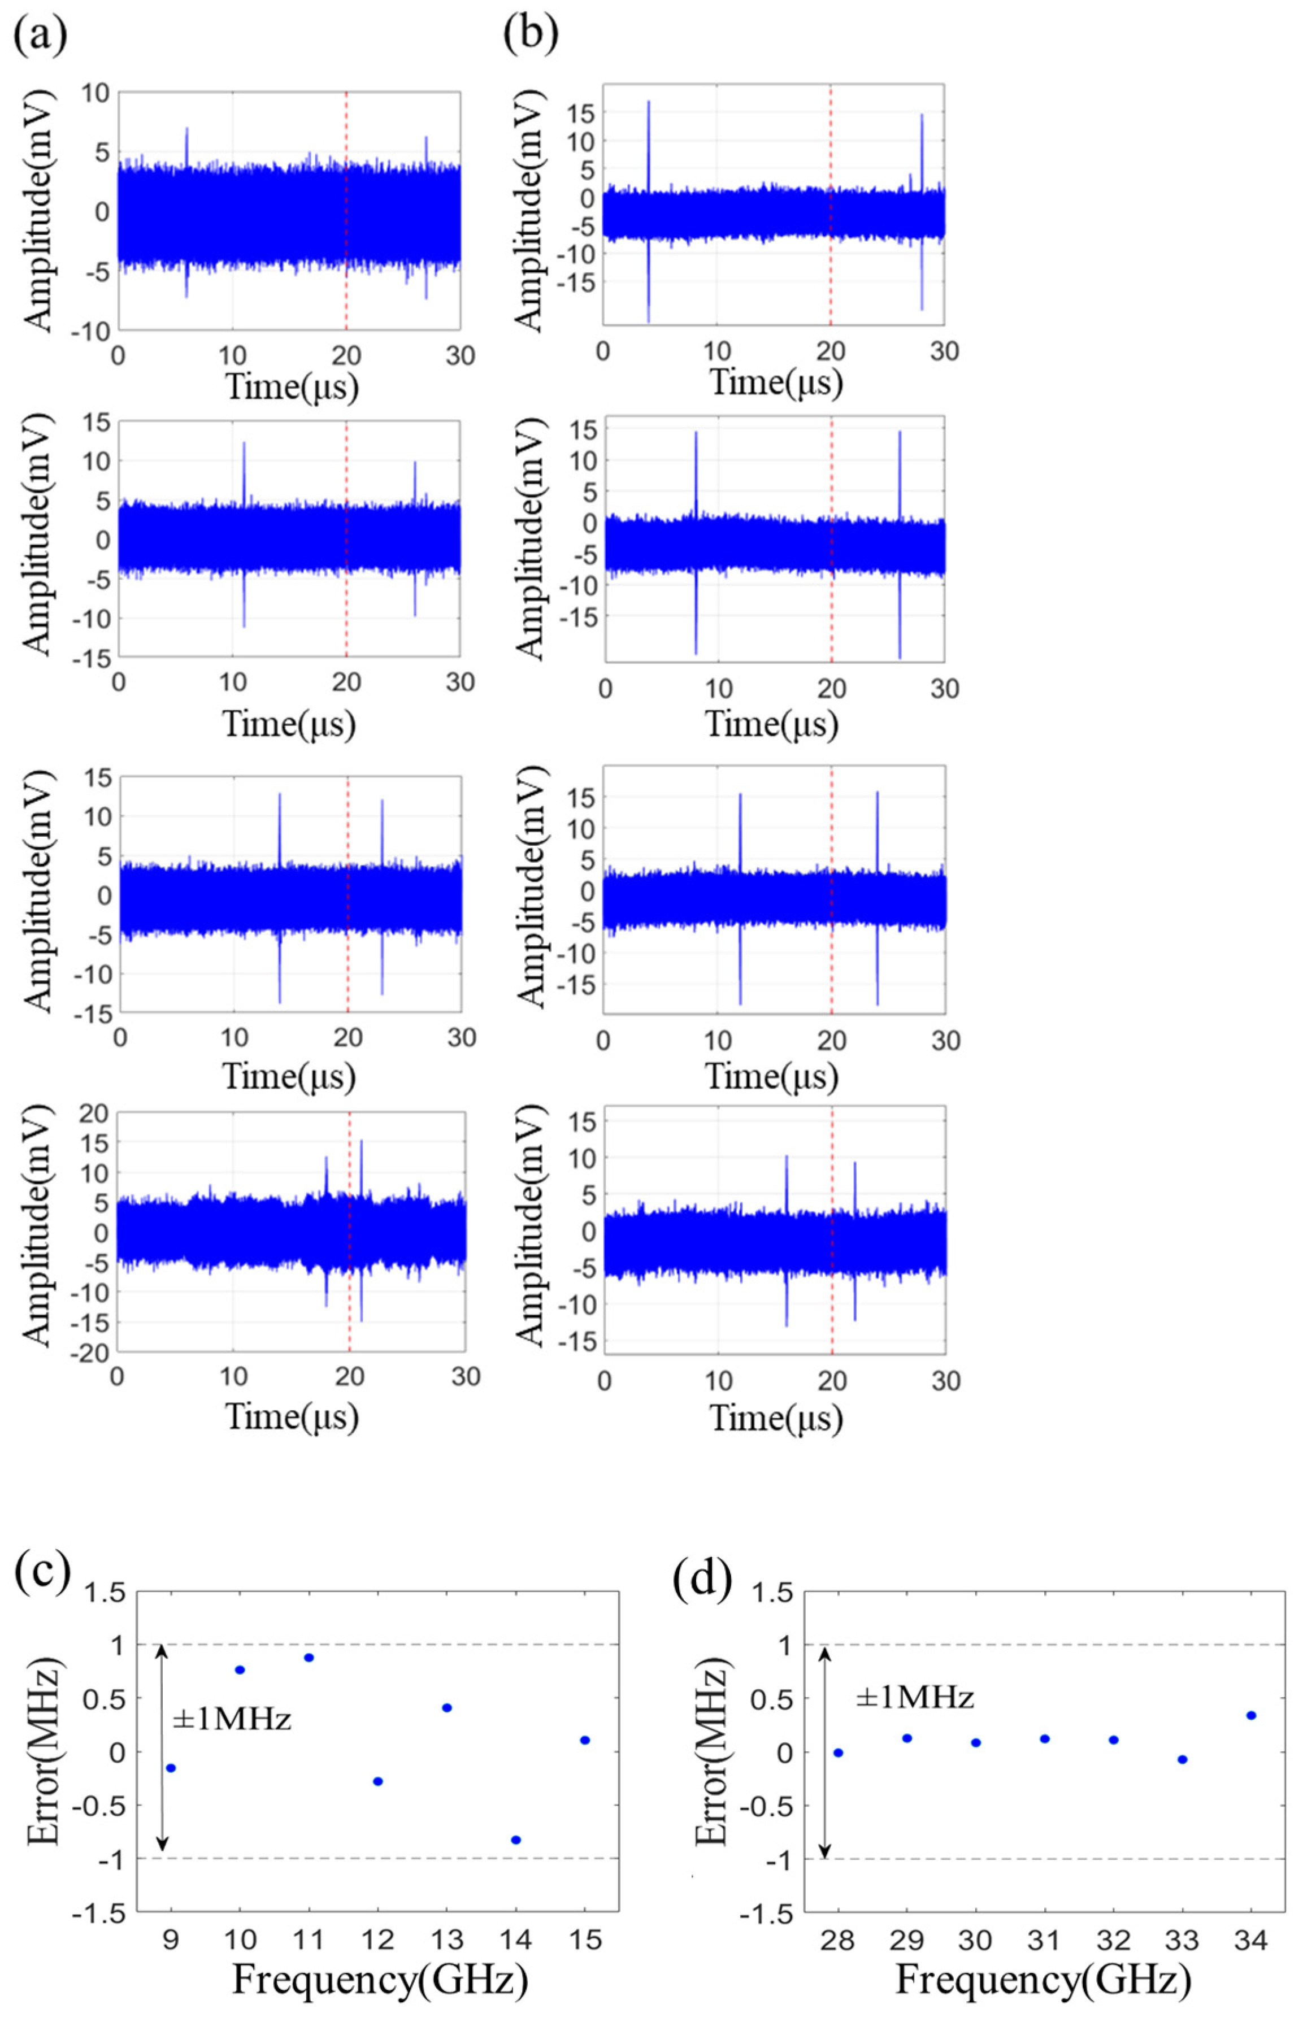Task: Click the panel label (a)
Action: coord(40,36)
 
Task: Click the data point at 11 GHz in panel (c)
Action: coord(309,1658)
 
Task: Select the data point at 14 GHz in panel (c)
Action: coord(516,1840)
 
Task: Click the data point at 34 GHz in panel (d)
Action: coord(1252,1716)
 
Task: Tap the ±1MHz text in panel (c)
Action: coord(231,1719)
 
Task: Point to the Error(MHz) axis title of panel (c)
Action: coord(44,1751)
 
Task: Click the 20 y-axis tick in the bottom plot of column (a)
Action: coord(95,1114)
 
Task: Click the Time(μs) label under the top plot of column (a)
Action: coord(292,386)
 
